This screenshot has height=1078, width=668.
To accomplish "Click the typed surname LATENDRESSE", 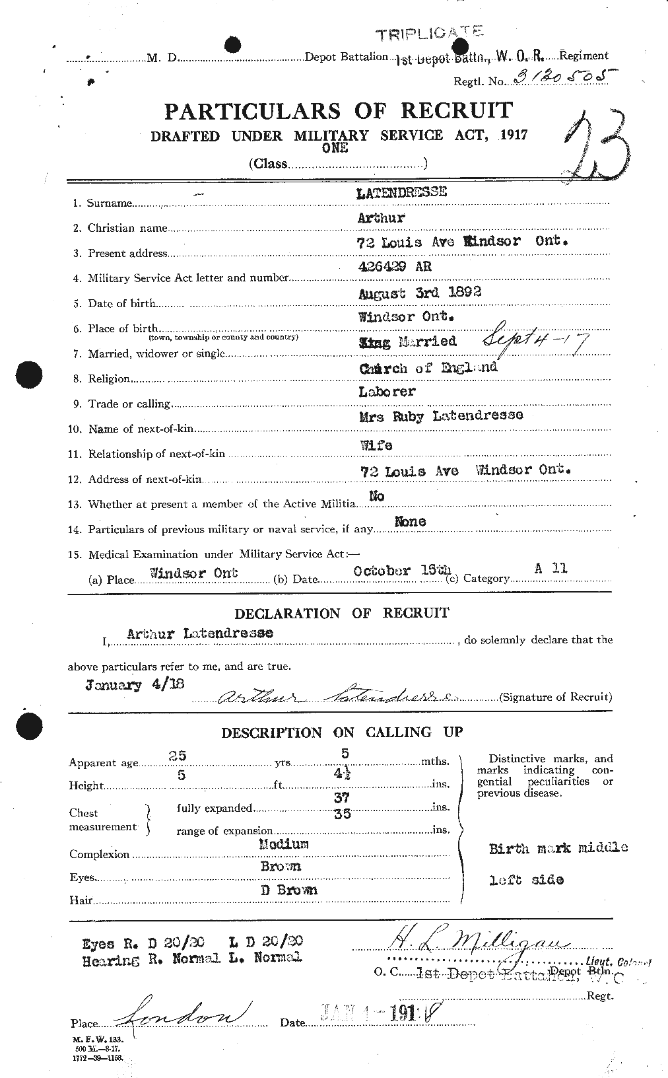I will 402,192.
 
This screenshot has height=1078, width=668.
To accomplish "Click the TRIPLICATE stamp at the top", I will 429,33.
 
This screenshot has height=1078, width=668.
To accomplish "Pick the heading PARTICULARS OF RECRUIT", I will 338,111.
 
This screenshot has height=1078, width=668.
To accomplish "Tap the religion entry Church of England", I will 428,367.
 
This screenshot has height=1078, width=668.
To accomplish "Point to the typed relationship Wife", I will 376,445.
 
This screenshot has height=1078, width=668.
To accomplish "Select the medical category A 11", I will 552,568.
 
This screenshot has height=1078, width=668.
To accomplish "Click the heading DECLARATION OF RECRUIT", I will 341,613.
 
